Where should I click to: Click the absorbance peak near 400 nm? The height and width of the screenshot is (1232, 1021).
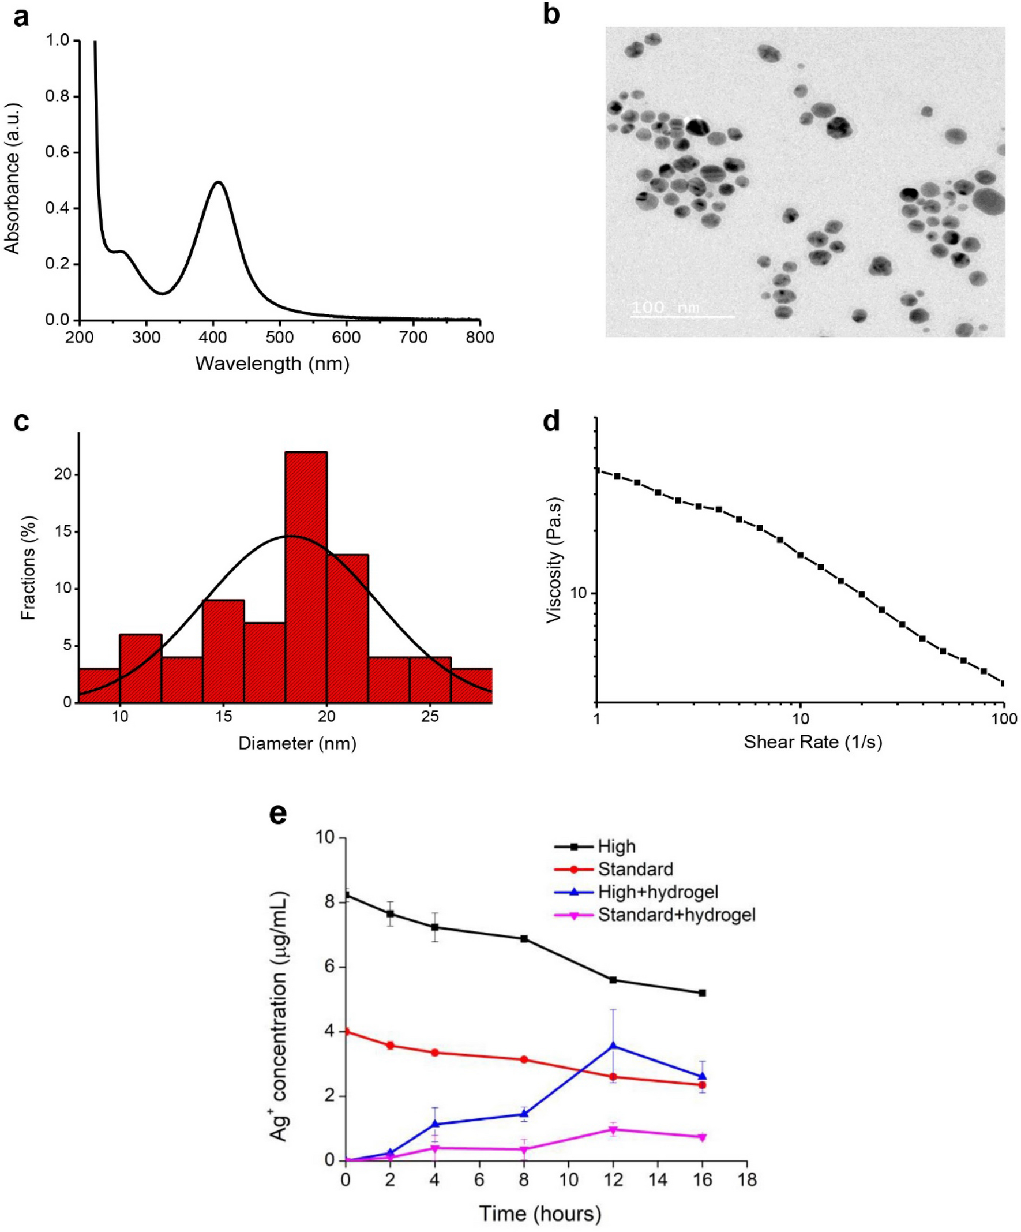click(x=218, y=182)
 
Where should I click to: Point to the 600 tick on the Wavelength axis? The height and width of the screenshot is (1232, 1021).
click(x=347, y=338)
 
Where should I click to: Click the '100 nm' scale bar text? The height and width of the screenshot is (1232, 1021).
click(x=666, y=308)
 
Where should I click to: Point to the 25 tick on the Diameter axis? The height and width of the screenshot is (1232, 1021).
click(x=430, y=716)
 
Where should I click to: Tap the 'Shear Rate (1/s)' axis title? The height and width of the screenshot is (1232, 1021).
click(x=813, y=742)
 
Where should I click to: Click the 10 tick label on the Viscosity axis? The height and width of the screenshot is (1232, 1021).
click(x=578, y=593)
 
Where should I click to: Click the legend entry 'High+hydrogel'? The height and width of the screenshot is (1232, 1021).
click(x=658, y=892)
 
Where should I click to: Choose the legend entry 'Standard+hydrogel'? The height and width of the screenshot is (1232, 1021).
click(x=676, y=915)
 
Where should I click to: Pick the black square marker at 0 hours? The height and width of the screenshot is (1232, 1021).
click(x=347, y=894)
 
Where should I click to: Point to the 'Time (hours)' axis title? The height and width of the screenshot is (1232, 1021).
click(x=540, y=1213)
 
